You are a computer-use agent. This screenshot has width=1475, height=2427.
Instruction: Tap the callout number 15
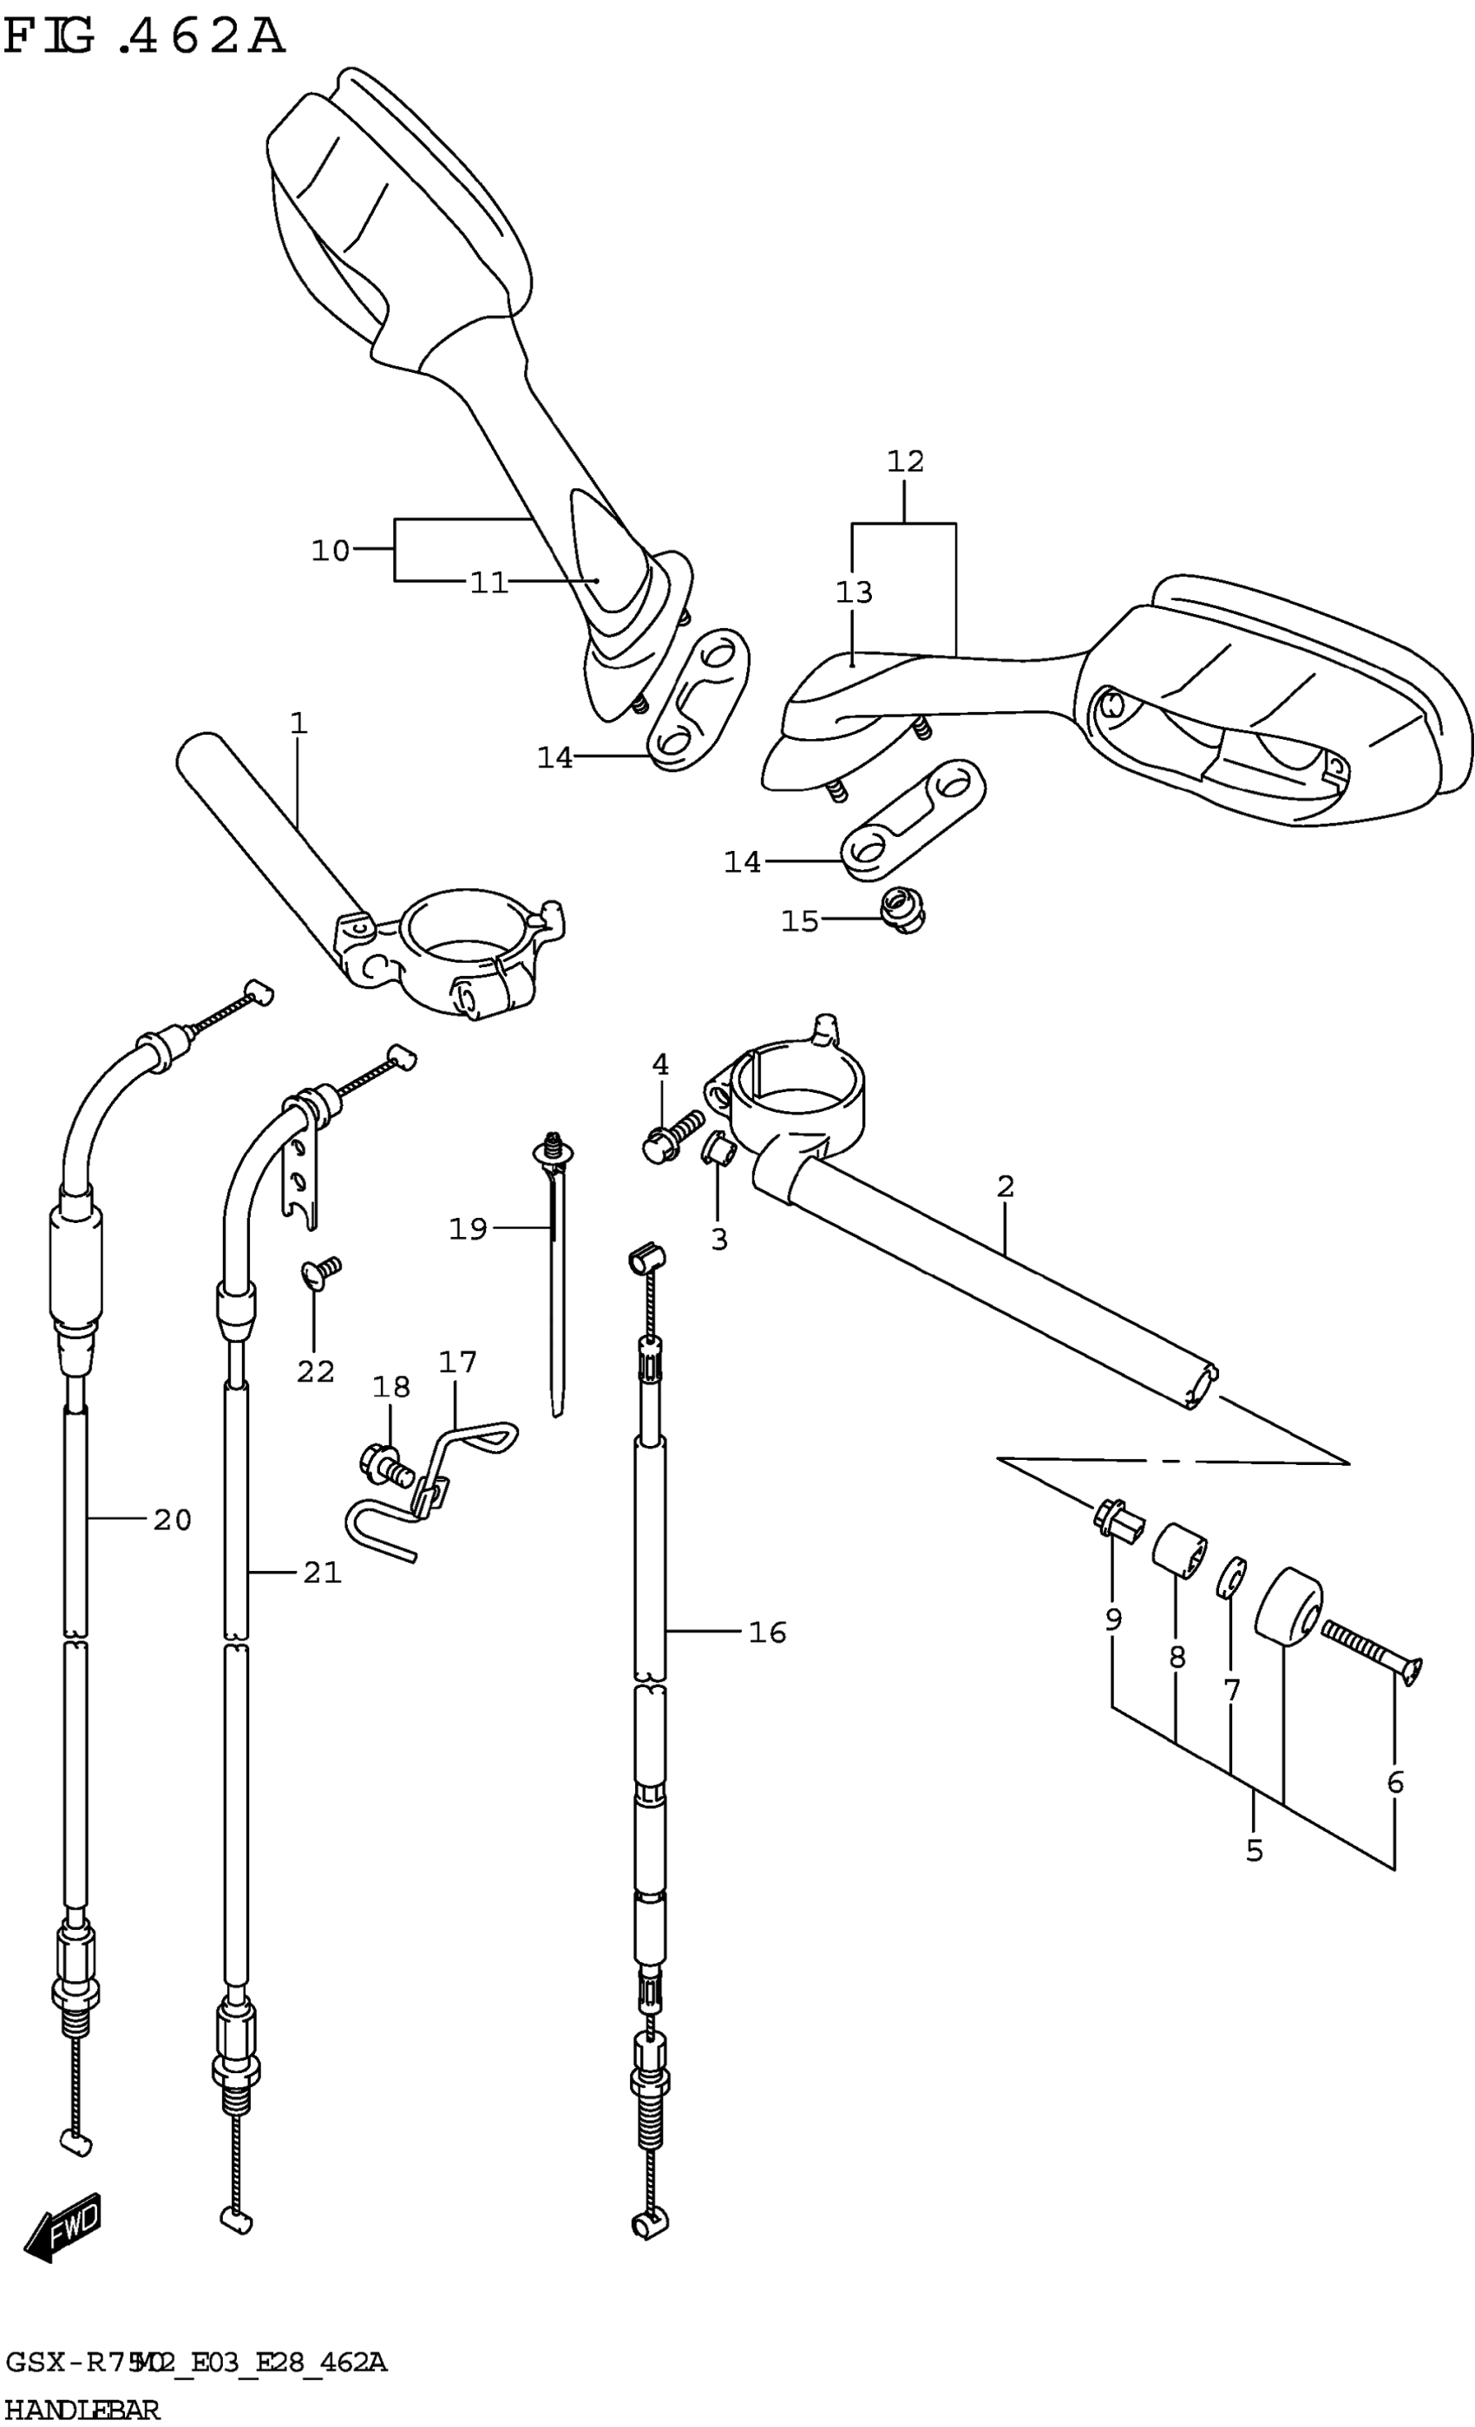799,922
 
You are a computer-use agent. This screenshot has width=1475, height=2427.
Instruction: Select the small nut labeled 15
903,909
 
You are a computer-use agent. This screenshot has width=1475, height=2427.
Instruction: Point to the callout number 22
315,1371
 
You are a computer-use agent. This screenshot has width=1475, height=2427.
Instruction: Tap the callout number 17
457,1362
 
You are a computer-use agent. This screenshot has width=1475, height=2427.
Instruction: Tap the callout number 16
767,1633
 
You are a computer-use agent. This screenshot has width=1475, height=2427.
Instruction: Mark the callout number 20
172,1520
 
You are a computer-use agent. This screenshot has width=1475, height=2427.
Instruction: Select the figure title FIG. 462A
145,37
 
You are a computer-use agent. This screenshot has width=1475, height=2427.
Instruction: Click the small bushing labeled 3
717,1148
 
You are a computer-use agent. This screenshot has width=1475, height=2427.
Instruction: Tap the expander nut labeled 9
1119,1520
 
